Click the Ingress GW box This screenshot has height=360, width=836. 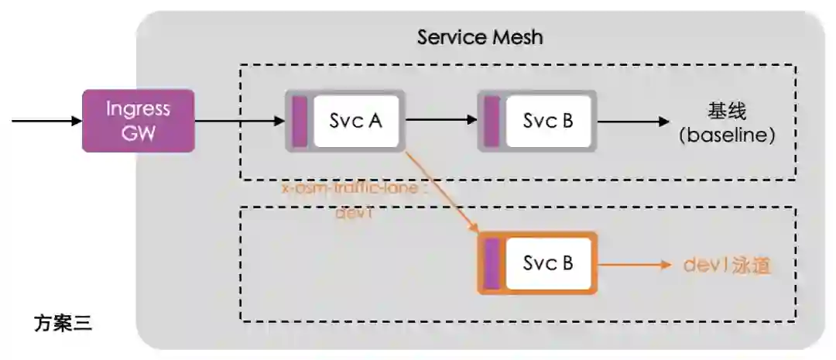point(138,121)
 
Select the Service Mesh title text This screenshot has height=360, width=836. point(480,36)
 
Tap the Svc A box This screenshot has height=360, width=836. point(356,121)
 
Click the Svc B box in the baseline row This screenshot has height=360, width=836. point(548,121)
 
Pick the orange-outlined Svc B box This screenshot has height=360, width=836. point(548,263)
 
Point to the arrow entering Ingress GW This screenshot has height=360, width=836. point(46,121)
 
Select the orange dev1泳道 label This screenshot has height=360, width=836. point(728,265)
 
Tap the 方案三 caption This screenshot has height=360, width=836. point(63,323)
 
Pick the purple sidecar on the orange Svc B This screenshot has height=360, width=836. point(491,263)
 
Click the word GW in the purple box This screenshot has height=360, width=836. point(138,133)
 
